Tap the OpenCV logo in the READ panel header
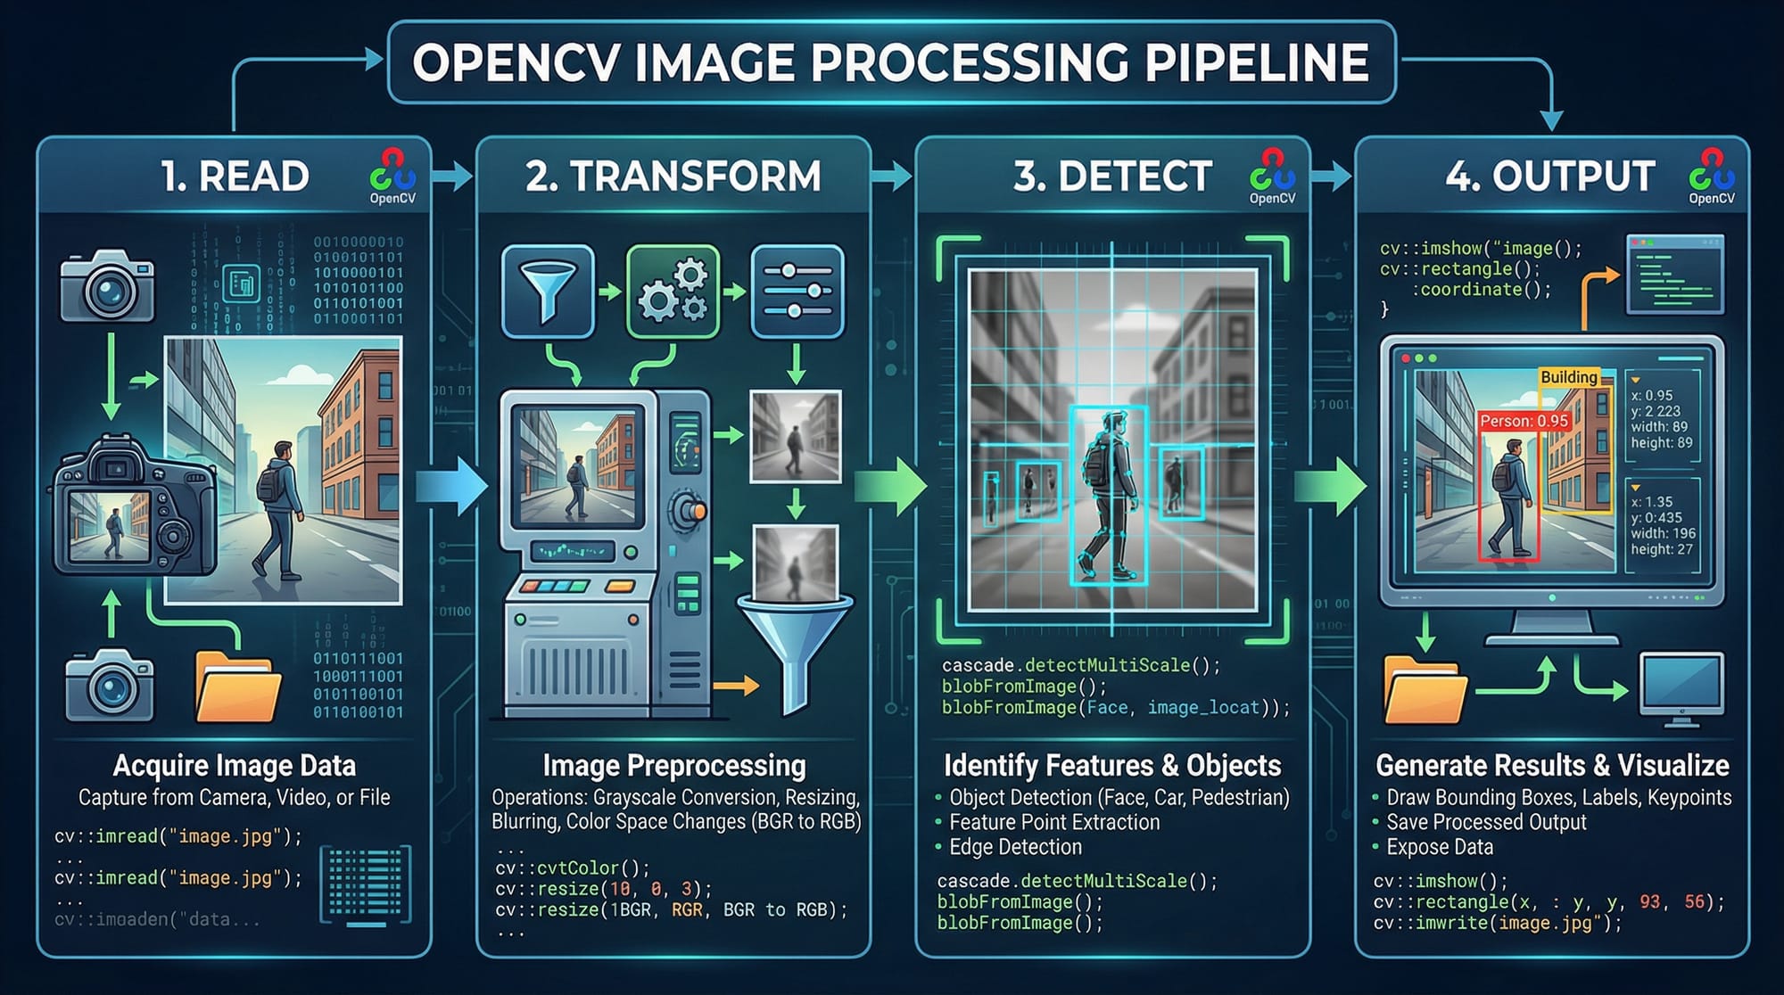[x=392, y=175]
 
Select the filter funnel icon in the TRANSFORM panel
[x=548, y=291]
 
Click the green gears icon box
[x=673, y=291]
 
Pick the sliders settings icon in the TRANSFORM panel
[x=797, y=291]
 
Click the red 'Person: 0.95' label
[x=1524, y=421]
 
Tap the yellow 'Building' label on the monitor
[x=1568, y=377]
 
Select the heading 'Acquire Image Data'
[x=235, y=766]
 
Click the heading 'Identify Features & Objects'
[x=1112, y=766]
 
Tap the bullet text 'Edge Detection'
[x=1015, y=847]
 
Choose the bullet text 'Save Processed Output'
[x=1486, y=822]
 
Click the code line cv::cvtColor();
[x=573, y=868]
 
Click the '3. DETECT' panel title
[x=1112, y=176]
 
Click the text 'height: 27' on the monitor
[x=1662, y=549]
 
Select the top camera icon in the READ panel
[x=107, y=287]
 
